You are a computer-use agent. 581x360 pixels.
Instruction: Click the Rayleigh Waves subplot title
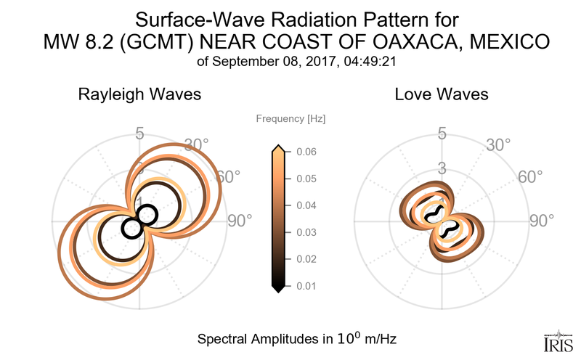[139, 95]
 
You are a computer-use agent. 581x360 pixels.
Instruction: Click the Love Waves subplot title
[442, 95]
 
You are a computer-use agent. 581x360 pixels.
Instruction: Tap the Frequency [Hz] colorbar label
[290, 118]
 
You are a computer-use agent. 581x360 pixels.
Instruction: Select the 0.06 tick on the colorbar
[306, 152]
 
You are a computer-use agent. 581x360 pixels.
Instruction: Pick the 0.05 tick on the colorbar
[306, 179]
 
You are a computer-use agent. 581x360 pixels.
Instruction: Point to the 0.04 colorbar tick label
[306, 205]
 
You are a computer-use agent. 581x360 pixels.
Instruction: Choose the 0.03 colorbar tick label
[306, 232]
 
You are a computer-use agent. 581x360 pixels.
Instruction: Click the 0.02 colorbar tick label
[306, 259]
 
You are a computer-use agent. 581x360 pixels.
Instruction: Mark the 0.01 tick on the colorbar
[306, 286]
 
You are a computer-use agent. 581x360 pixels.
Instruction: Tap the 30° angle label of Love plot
[499, 144]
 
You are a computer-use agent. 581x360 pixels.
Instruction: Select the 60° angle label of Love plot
[531, 177]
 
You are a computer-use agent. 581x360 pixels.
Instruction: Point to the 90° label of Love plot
[541, 221]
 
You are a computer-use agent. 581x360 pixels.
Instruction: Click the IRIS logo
[557, 340]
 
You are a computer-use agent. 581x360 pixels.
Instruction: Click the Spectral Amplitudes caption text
[297, 339]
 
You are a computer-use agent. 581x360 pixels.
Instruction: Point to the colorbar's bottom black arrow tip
[277, 290]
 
